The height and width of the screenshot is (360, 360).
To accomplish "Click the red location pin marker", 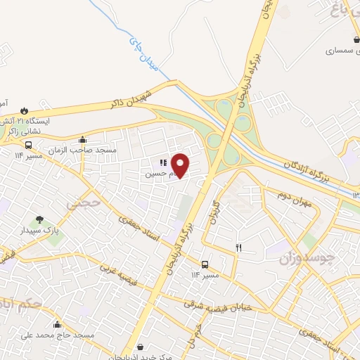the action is pyautogui.click(x=181, y=165).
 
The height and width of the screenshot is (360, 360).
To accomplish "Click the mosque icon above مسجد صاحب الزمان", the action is pyautogui.click(x=83, y=139).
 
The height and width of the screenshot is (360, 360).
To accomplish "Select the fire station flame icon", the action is pyautogui.click(x=26, y=110).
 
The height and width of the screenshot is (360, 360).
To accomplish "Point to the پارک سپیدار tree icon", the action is pyautogui.click(x=40, y=219).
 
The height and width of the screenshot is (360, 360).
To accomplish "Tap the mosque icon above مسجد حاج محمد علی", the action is pyautogui.click(x=57, y=324).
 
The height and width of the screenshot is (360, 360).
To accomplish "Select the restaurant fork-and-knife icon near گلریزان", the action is pyautogui.click(x=239, y=247).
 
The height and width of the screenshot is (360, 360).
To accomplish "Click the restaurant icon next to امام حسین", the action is pyautogui.click(x=162, y=163).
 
